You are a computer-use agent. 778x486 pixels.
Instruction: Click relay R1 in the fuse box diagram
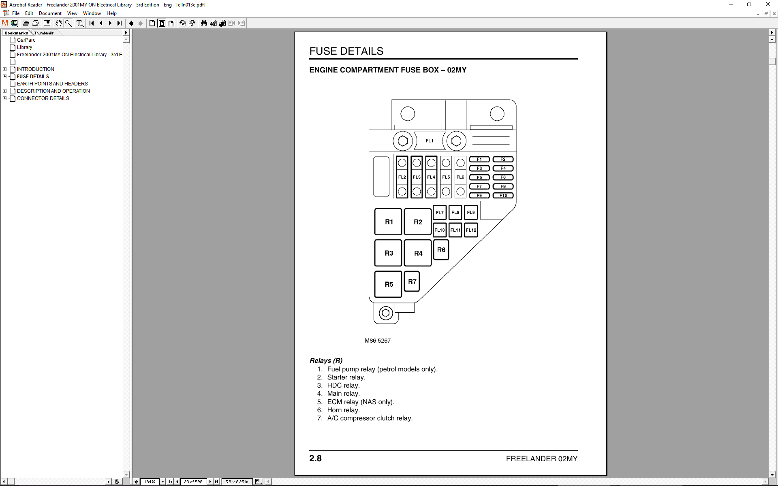388,222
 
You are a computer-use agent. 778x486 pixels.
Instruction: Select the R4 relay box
418,253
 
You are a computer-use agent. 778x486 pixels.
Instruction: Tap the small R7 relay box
412,281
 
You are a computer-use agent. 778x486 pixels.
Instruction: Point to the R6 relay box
441,250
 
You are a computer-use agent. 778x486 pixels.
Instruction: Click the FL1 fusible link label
430,141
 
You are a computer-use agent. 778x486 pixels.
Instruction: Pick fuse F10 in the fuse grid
503,195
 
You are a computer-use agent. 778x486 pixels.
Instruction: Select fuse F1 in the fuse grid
479,159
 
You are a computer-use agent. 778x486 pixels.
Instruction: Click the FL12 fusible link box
471,230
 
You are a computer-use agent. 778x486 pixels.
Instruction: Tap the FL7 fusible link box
440,213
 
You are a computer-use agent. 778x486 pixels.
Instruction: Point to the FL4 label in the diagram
431,177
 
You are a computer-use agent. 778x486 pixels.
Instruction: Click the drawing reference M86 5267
378,341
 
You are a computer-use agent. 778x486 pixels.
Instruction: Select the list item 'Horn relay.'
343,410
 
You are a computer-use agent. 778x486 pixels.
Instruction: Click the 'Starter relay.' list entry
346,377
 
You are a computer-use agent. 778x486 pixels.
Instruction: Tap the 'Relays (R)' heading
326,360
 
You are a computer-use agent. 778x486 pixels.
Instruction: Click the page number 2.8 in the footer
315,458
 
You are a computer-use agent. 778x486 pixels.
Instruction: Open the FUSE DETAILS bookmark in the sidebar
33,77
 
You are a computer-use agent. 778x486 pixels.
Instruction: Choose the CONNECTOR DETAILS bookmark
43,98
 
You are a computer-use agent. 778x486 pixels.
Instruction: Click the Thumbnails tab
44,33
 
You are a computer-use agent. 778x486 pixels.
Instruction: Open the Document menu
50,13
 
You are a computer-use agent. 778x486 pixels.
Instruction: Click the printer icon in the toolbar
35,23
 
